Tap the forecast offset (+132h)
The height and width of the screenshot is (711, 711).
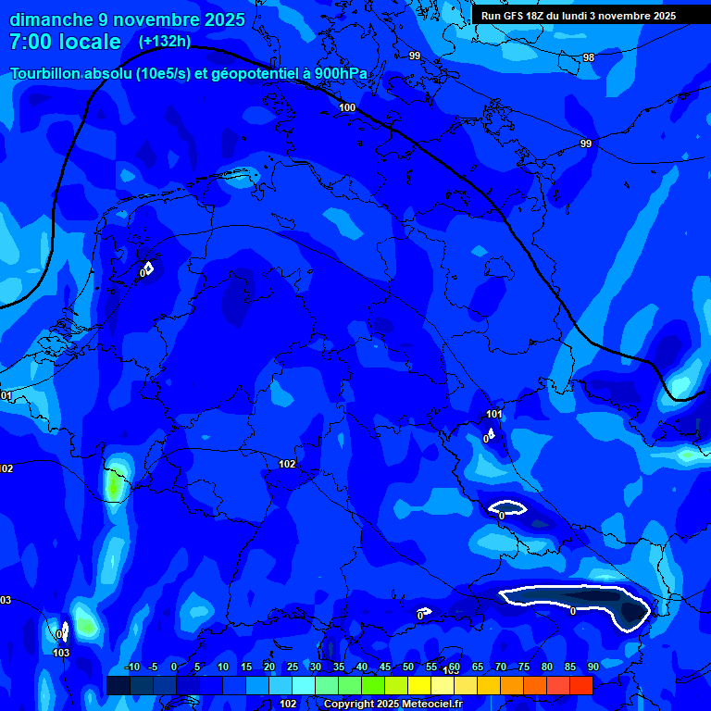164,41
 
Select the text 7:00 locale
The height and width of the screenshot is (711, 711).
65,42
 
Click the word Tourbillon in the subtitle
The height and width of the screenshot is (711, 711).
47,74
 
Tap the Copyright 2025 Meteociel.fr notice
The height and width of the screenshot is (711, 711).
393,704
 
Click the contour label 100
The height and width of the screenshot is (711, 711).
347,108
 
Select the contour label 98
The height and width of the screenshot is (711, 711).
589,57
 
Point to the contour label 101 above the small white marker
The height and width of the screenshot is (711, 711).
493,414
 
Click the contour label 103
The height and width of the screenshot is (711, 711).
61,653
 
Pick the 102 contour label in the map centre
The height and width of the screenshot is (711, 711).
287,464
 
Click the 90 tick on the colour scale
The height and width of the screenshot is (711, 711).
592,667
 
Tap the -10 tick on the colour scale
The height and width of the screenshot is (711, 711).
131,667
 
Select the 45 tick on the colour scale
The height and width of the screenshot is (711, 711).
384,667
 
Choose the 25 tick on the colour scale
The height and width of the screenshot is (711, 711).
292,667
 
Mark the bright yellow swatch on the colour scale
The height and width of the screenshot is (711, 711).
418,685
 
